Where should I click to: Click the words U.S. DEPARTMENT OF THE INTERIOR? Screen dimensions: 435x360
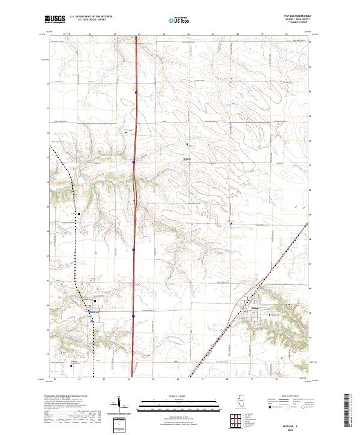click(91, 16)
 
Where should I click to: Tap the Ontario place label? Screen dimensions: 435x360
click(187, 159)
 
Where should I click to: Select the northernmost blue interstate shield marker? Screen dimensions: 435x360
click(136, 92)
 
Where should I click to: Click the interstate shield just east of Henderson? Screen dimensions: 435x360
click(133, 316)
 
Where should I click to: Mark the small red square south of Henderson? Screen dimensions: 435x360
click(91, 320)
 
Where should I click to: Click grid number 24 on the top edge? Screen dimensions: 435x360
click(139, 35)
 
